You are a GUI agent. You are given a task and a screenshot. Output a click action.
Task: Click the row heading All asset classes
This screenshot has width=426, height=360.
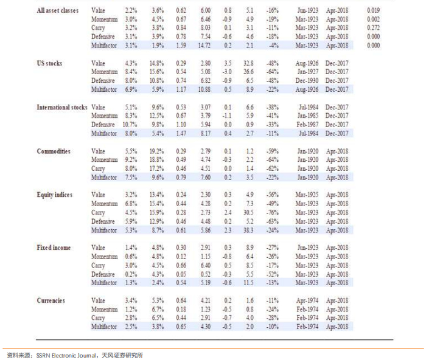click(x=57, y=11)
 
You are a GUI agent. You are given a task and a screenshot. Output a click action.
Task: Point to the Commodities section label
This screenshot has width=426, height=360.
click(x=54, y=151)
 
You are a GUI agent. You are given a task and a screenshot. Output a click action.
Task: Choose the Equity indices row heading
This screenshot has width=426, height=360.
click(x=55, y=195)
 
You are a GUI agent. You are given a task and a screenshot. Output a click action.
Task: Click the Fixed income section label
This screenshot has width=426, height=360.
click(x=54, y=247)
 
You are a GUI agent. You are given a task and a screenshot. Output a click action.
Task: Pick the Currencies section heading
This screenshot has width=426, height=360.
click(x=51, y=300)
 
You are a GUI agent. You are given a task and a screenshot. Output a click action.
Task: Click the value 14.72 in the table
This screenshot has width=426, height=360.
click(x=203, y=46)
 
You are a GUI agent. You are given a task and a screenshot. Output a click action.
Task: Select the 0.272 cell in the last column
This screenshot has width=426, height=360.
click(x=373, y=28)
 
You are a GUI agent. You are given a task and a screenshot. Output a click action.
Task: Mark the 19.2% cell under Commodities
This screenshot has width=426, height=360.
click(x=158, y=151)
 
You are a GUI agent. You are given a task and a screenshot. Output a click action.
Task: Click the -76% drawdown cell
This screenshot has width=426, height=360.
click(x=272, y=212)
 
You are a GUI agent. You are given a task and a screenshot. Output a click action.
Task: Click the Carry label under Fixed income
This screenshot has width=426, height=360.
click(x=97, y=265)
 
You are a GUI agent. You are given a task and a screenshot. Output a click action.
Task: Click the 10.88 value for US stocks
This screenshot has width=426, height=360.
click(x=203, y=89)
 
